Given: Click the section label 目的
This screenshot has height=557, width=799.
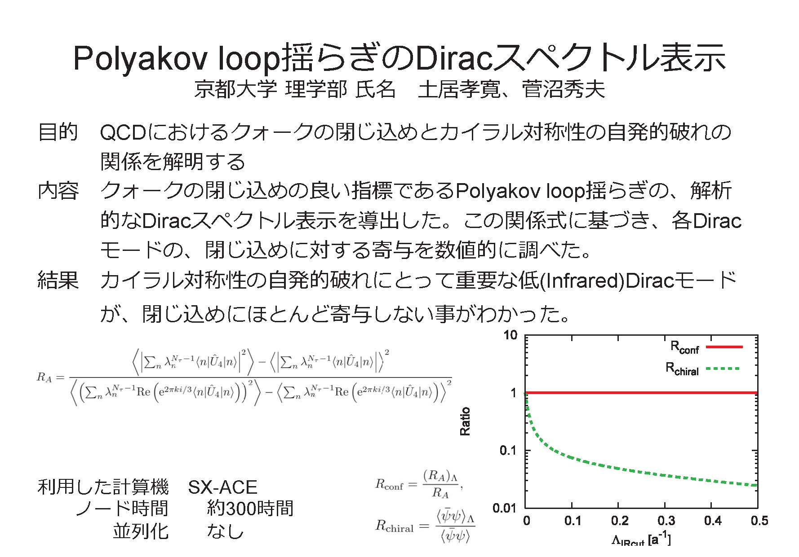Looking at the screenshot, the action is tap(58, 132).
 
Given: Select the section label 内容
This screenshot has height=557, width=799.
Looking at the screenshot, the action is tap(58, 190).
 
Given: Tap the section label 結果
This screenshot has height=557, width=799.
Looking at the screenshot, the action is tap(58, 280).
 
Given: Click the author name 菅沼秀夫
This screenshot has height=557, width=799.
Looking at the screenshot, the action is tap(564, 89).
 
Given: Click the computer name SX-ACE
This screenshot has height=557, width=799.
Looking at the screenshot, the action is tap(222, 487).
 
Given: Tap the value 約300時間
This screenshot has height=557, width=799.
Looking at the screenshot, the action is tap(250, 509).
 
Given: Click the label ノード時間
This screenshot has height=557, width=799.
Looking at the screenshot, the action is tap(122, 509).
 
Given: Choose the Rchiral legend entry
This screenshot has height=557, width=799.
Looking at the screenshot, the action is tap(702, 369).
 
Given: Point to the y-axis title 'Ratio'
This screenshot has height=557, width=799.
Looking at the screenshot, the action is tap(465, 421).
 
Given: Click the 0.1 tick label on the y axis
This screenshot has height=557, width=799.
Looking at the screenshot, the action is tap(509, 450).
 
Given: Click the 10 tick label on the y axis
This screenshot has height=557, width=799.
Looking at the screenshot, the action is tap(511, 335).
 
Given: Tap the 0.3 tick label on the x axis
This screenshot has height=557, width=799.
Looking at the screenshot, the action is tap(666, 521).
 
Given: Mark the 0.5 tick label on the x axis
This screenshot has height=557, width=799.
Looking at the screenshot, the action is tap(759, 521).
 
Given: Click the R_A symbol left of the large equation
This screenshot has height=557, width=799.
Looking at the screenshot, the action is tap(44, 378).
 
